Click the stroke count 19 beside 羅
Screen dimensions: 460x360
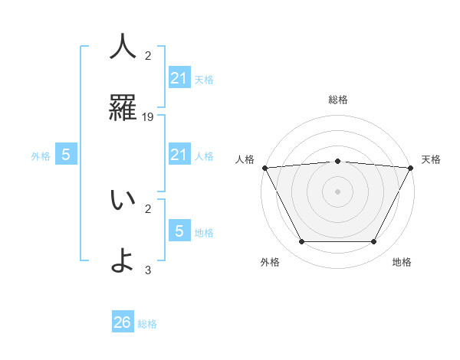point(148,117)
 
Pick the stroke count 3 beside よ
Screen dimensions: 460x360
point(148,270)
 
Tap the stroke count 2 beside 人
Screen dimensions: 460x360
point(148,55)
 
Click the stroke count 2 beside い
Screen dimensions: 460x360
point(148,208)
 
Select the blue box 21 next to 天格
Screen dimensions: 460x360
point(179,78)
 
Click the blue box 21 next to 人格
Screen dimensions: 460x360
point(179,155)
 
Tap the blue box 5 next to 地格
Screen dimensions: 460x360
point(179,231)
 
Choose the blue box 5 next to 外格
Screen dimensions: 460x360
point(66,155)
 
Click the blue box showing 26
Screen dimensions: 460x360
point(123,322)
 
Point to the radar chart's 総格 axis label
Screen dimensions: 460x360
point(337,100)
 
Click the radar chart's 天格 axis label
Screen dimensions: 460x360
point(432,159)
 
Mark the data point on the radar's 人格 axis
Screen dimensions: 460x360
point(264,168)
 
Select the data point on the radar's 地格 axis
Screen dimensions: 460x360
point(374,242)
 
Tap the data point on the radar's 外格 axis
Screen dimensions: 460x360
point(301,242)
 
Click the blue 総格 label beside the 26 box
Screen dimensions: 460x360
point(147,324)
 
